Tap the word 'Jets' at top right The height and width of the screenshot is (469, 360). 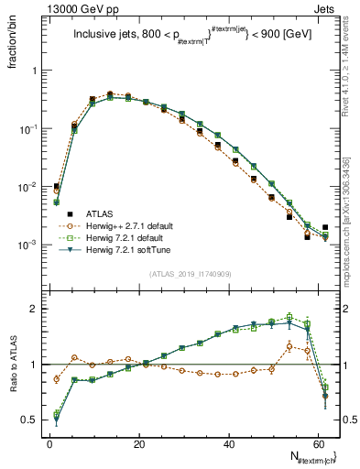coord(327,9)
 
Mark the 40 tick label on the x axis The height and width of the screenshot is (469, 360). coord(229,443)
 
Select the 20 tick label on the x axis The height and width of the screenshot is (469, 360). coord(139,443)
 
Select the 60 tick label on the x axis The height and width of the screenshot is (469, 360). coord(318,443)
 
